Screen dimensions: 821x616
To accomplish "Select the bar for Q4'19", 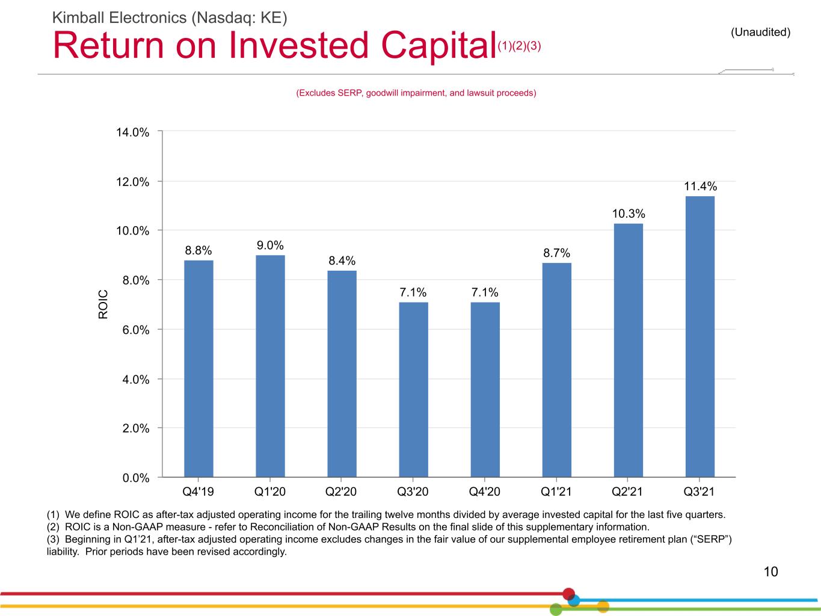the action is [198, 368].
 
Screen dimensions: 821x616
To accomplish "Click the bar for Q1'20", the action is [270, 366].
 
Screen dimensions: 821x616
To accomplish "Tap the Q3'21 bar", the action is [700, 336].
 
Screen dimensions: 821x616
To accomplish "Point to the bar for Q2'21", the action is [629, 350].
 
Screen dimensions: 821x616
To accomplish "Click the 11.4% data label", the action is [700, 186].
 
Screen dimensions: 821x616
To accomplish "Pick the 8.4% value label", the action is [342, 260].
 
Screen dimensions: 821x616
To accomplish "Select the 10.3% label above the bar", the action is [629, 214].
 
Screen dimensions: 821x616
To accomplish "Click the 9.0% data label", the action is [270, 245].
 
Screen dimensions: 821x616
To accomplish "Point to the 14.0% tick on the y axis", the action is [132, 132].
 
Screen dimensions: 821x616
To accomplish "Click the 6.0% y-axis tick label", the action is [136, 330].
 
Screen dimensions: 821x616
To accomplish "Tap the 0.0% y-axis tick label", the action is [136, 478].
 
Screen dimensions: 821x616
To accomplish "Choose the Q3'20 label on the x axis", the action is [413, 491].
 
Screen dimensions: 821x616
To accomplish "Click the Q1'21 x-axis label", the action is [556, 491].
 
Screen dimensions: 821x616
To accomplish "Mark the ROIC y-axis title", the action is [103, 304].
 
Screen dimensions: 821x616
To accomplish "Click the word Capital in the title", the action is [438, 46].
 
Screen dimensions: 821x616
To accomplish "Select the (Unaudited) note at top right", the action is [760, 32].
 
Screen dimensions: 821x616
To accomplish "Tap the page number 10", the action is [770, 571].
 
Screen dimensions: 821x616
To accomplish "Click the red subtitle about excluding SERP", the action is [416, 93].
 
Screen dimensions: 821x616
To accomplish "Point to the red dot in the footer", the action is [568, 594].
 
